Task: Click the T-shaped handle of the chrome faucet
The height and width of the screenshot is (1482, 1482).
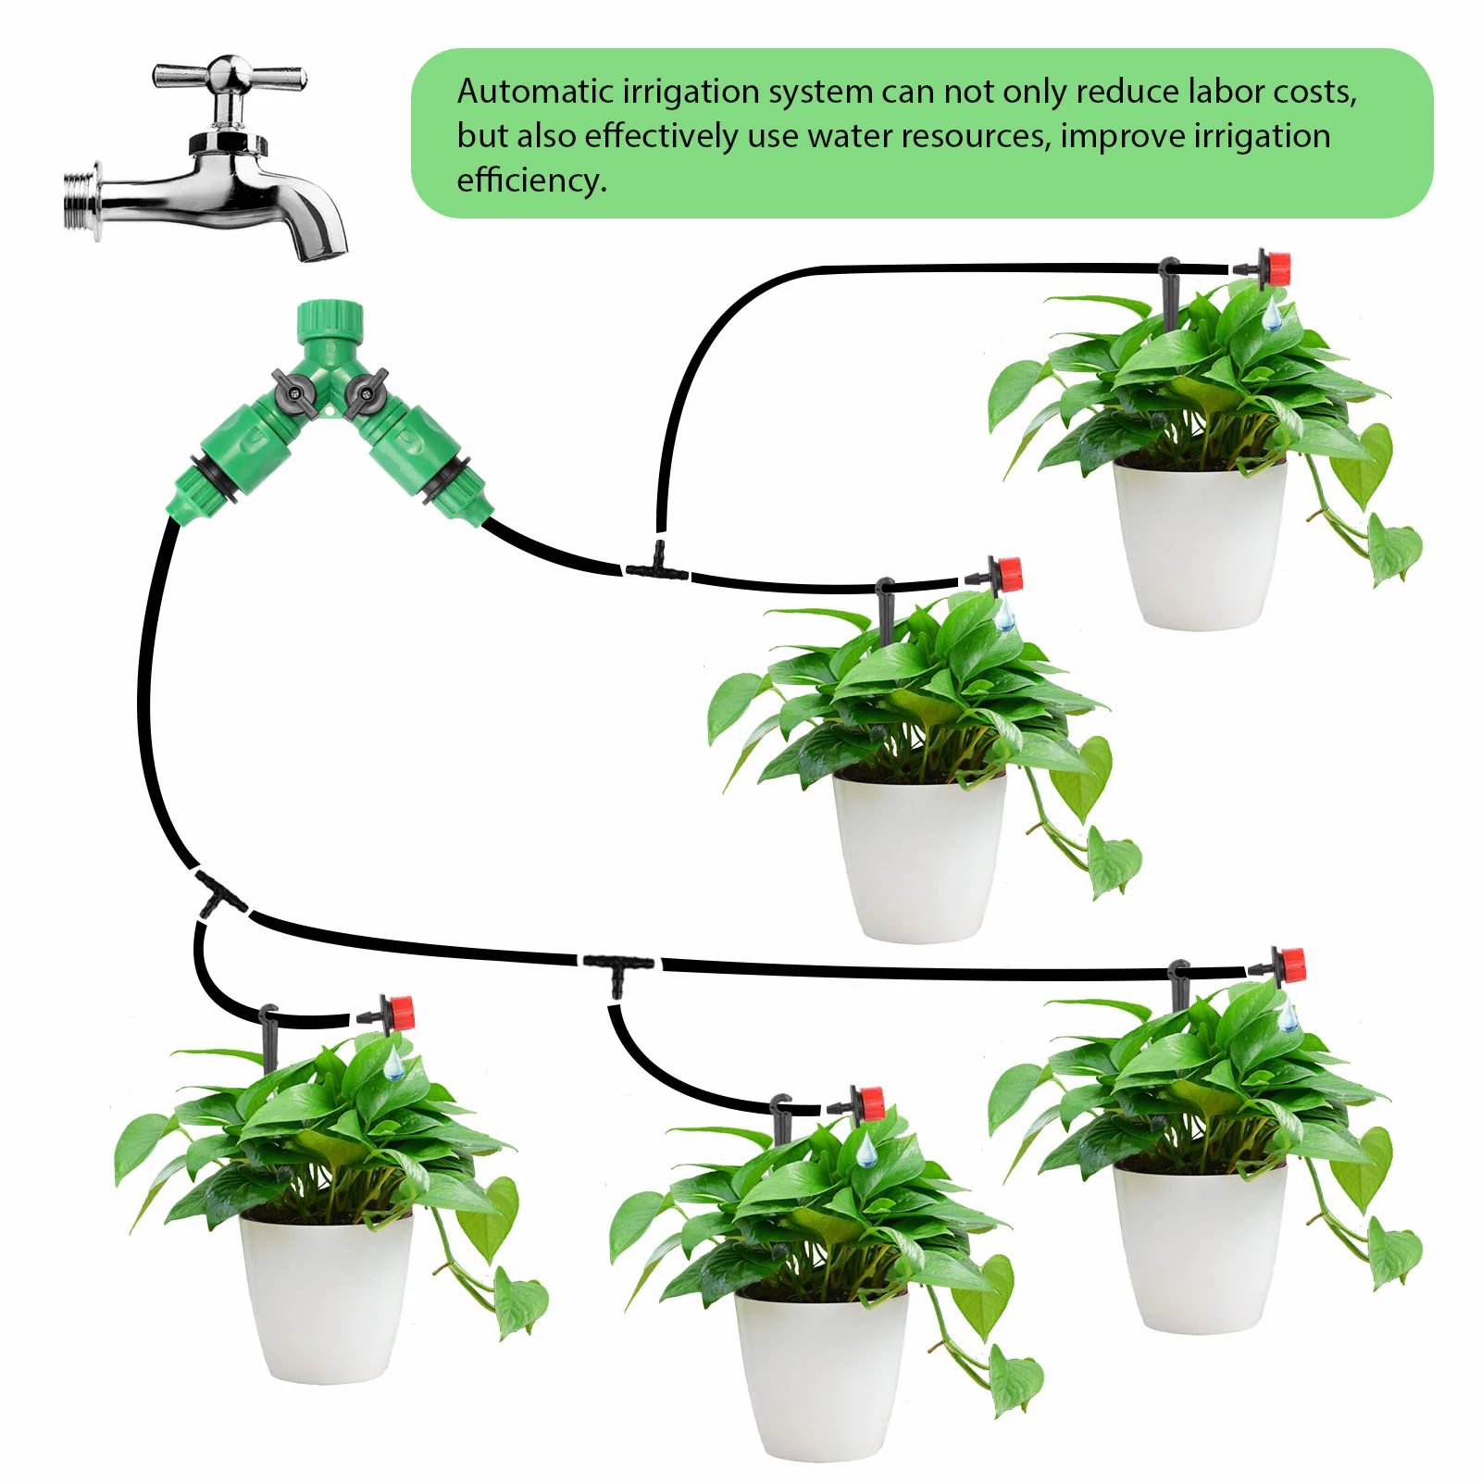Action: coord(229,74)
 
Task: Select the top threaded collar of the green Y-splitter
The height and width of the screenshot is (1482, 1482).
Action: coord(330,320)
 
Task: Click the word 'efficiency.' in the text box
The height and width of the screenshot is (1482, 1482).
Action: coord(532,180)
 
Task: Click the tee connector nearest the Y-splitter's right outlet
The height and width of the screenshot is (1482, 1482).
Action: coord(657,565)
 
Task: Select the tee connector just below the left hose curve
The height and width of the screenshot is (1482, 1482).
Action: coord(218,893)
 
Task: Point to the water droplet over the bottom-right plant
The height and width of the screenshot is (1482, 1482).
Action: coord(1287,1017)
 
